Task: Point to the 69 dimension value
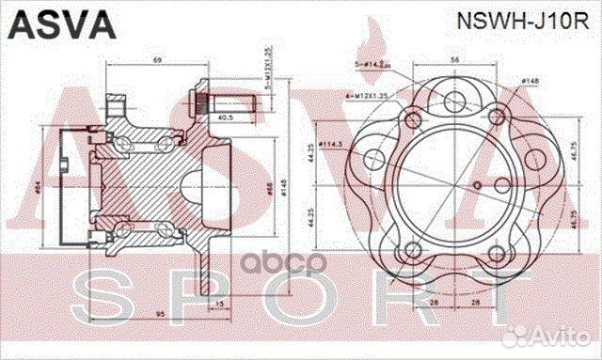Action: coord(158,61)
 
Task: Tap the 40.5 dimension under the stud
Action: coord(227,118)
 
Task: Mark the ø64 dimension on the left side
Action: coord(38,188)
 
